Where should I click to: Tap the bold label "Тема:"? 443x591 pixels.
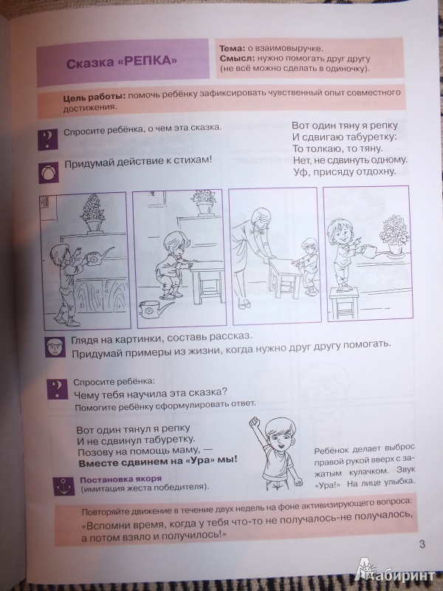point(231,49)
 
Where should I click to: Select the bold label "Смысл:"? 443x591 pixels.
point(237,58)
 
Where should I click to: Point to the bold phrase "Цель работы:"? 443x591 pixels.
point(94,97)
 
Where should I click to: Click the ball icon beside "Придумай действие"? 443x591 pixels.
point(48,173)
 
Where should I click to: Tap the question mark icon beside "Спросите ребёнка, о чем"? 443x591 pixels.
point(48,140)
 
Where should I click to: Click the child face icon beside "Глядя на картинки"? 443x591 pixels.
point(55,346)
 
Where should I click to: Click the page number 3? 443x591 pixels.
point(422,544)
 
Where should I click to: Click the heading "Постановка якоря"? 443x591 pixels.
point(120,479)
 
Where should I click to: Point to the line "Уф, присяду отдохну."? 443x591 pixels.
point(345,171)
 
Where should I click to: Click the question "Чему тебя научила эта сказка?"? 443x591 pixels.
point(151,393)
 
